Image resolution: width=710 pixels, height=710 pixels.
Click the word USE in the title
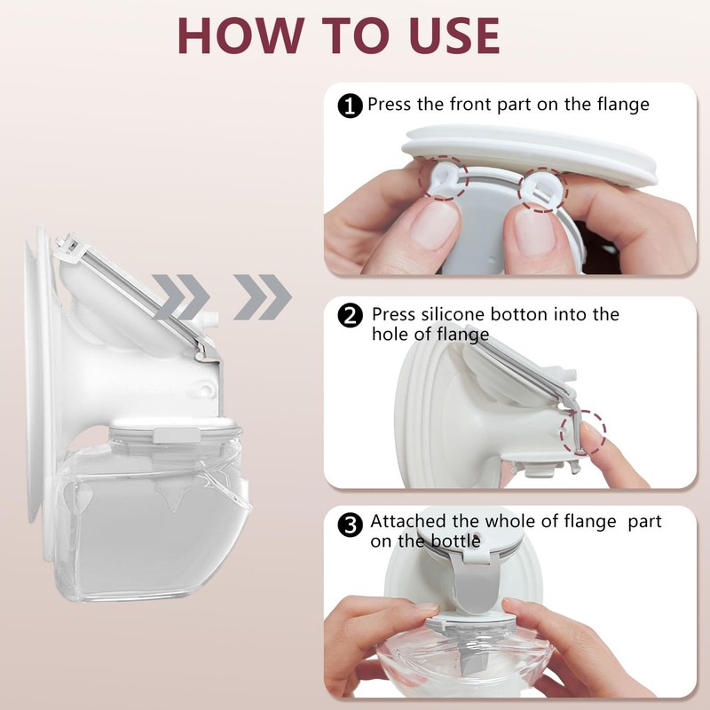(x=454, y=35)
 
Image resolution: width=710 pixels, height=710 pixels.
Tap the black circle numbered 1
(x=350, y=106)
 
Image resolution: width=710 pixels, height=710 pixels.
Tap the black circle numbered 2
(x=350, y=316)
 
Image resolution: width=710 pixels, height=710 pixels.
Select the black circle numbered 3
(x=350, y=525)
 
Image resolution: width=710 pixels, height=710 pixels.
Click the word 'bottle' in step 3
(x=455, y=541)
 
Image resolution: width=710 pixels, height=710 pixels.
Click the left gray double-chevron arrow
(x=181, y=297)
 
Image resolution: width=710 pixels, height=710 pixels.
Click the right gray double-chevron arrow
(x=263, y=297)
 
